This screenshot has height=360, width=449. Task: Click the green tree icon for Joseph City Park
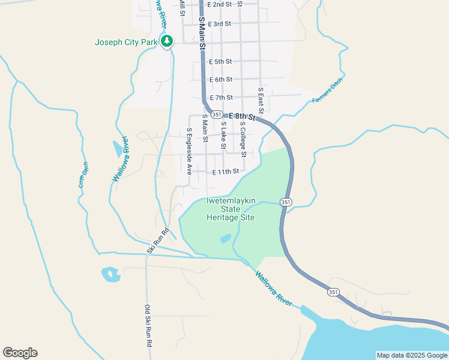[x=167, y=41]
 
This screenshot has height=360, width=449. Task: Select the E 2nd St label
[x=219, y=4]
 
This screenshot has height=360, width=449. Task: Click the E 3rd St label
[x=219, y=24]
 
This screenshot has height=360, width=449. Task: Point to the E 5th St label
[x=220, y=61]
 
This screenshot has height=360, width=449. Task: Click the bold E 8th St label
[x=242, y=116]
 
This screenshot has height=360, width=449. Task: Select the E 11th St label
[x=225, y=172]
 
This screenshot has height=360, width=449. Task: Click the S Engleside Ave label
[x=188, y=151]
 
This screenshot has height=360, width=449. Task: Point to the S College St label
[x=243, y=139]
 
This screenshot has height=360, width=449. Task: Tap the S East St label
[x=261, y=100]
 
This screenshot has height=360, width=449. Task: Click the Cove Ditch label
[x=83, y=175]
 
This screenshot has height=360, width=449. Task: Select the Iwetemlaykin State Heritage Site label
[x=231, y=209]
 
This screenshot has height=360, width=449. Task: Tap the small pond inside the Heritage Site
[x=225, y=238]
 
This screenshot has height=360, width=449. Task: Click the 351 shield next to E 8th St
[x=217, y=114]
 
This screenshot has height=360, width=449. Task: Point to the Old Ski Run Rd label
[x=148, y=326]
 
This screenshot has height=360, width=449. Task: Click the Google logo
[x=20, y=353]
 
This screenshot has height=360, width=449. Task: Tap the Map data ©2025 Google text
[x=411, y=355]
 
